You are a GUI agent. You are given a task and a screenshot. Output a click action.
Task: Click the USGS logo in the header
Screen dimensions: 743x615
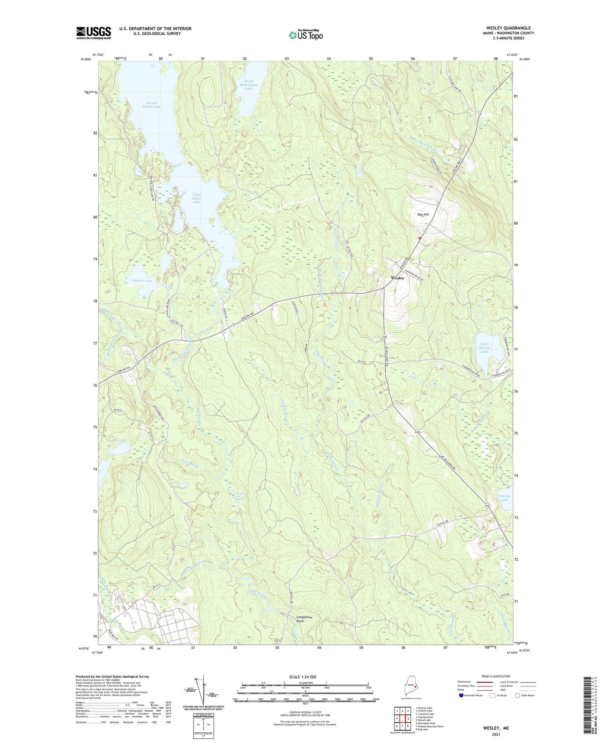click(x=94, y=33)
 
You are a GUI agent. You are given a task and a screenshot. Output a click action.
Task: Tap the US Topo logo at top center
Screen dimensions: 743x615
click(x=305, y=35)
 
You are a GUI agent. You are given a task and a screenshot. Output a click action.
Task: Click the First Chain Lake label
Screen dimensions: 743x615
click(x=196, y=198)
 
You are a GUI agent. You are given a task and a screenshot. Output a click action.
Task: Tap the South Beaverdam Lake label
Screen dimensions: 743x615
click(x=249, y=85)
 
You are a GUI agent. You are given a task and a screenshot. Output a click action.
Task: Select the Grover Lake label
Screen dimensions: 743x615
click(x=142, y=281)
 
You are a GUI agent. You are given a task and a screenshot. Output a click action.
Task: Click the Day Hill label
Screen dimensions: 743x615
click(x=423, y=214)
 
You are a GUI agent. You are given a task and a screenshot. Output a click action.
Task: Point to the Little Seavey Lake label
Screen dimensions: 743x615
click(x=485, y=348)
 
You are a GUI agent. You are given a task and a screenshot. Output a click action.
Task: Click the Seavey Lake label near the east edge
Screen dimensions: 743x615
click(x=504, y=497)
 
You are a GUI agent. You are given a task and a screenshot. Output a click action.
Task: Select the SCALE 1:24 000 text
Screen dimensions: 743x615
click(x=303, y=677)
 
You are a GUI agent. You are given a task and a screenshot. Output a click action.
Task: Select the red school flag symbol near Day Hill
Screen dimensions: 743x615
click(x=420, y=238)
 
